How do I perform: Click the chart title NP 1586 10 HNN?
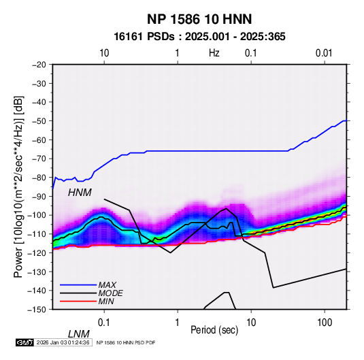(199, 19)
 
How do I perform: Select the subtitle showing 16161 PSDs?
(199, 37)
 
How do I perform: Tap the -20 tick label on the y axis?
(39, 65)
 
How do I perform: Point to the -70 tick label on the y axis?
(39, 159)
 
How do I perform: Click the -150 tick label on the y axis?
(37, 310)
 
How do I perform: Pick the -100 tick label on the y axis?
(37, 215)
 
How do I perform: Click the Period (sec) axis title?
(214, 330)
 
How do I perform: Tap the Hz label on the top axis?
(214, 53)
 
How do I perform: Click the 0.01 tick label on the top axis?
(324, 53)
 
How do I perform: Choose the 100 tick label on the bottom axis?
(325, 323)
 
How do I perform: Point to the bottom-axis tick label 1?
(178, 323)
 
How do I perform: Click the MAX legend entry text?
(107, 284)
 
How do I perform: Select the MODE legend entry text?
(110, 293)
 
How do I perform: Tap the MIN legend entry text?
(106, 301)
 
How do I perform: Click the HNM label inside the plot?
(80, 193)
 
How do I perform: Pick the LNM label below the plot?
(78, 334)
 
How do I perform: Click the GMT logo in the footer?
(25, 342)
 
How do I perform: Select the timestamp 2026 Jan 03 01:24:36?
(63, 342)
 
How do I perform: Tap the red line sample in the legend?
(78, 301)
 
